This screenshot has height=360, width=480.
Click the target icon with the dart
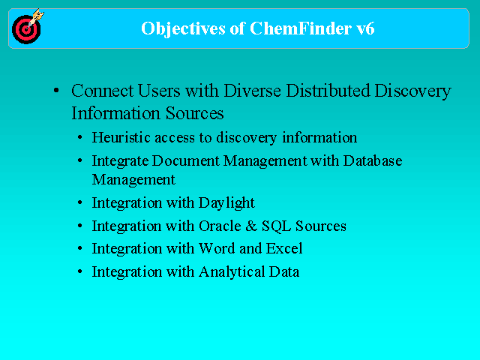27,27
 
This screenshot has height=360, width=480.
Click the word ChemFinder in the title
301,28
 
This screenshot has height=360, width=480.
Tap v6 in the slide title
365,28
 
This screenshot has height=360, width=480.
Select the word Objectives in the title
183,29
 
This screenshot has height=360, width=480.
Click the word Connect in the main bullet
102,91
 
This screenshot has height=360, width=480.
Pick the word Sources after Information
195,113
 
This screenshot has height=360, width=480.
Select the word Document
186,160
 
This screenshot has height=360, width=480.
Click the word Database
373,160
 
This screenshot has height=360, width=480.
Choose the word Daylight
226,203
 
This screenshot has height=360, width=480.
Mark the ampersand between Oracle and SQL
251,226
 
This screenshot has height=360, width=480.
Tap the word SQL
276,226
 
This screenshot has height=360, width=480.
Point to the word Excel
284,248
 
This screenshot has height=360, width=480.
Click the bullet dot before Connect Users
56,90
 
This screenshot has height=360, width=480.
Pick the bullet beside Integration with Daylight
80,202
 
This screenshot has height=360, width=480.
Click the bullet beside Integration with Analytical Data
80,271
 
